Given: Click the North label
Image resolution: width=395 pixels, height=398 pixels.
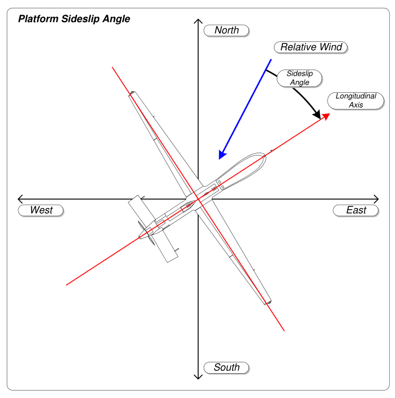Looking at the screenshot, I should click(227, 31).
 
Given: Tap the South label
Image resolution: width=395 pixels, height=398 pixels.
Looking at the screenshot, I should click(227, 367).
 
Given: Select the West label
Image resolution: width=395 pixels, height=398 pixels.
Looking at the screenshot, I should click(41, 210).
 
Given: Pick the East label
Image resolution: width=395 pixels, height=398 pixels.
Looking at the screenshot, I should click(357, 210).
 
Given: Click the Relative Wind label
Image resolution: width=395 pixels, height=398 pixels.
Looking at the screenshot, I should click(311, 47).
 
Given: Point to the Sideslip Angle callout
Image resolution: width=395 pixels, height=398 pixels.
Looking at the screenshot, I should click(299, 78).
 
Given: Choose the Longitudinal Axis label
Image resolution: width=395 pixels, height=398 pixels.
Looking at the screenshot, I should click(356, 101).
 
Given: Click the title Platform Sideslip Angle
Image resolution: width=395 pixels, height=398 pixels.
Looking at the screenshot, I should click(74, 19).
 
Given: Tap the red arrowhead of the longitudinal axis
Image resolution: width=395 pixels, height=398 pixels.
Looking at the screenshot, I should click(326, 117).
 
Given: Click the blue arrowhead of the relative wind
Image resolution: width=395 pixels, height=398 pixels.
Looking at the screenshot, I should click(222, 154).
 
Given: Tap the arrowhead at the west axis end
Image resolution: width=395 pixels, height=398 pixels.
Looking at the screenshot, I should click(20, 198).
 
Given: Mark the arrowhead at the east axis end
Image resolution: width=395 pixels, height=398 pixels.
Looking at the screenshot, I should click(376, 198).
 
